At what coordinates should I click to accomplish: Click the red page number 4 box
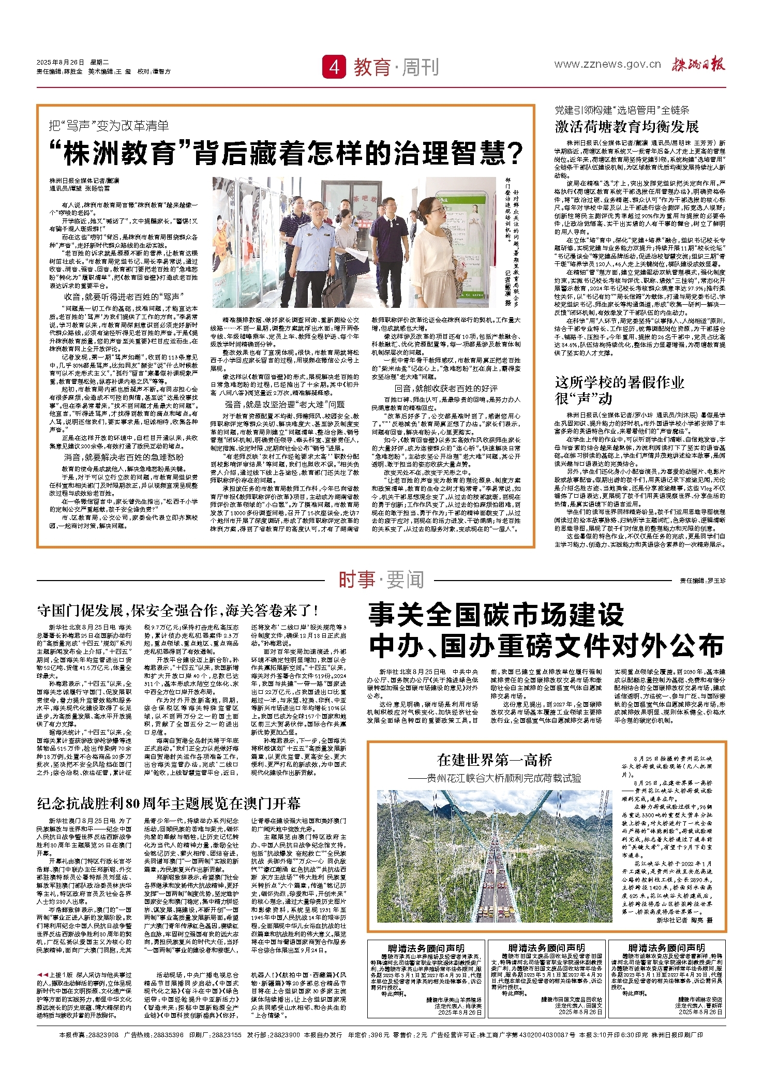coord(334,67)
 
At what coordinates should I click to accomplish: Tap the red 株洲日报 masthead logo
coord(699,65)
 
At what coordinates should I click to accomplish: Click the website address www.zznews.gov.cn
coord(607,65)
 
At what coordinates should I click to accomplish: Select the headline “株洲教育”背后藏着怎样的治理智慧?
coord(287,153)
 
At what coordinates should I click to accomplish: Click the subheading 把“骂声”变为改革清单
coord(109,126)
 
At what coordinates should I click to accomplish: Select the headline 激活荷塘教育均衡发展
coord(627,126)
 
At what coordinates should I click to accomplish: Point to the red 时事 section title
coord(357,580)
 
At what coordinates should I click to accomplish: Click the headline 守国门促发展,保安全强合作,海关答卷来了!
coord(177,611)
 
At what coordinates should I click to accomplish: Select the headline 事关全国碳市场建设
coord(496,616)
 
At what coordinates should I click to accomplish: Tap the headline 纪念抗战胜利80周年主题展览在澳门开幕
coord(169,803)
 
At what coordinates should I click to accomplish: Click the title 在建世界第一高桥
coord(494,760)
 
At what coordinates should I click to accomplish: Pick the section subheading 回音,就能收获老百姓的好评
coord(446,388)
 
